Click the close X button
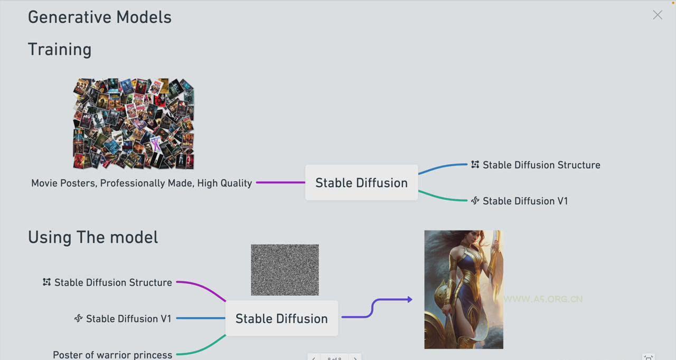(657, 15)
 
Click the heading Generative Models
(100, 17)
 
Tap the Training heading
(60, 49)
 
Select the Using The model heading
(93, 237)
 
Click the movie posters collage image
(134, 124)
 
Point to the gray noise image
(285, 270)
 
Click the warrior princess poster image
(464, 289)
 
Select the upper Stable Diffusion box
(361, 183)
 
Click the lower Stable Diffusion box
(281, 318)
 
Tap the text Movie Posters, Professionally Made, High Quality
(142, 183)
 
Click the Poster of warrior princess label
(112, 355)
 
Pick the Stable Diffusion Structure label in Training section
(541, 165)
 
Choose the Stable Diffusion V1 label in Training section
(525, 201)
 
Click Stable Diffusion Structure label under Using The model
(113, 282)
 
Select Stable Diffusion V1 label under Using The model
(128, 319)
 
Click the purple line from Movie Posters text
(280, 183)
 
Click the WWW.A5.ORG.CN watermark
(543, 299)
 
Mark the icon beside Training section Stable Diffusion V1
(475, 201)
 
